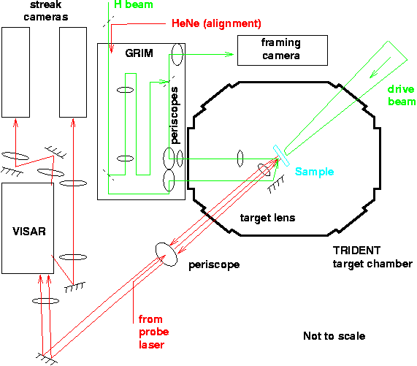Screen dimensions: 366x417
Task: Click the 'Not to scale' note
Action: [334, 336]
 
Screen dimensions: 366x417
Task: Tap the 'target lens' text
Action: [267, 218]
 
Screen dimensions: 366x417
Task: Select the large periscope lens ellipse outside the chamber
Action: [166, 251]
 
